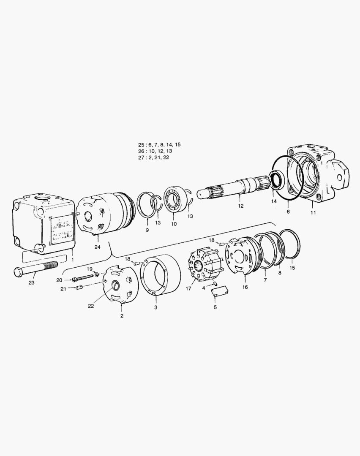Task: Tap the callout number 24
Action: tap(98, 247)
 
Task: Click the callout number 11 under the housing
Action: tap(313, 212)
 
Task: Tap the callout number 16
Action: tap(245, 287)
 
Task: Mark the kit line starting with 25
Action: tap(157, 144)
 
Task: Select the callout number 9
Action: tap(147, 230)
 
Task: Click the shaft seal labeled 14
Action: tap(276, 180)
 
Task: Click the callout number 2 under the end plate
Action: tap(122, 316)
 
